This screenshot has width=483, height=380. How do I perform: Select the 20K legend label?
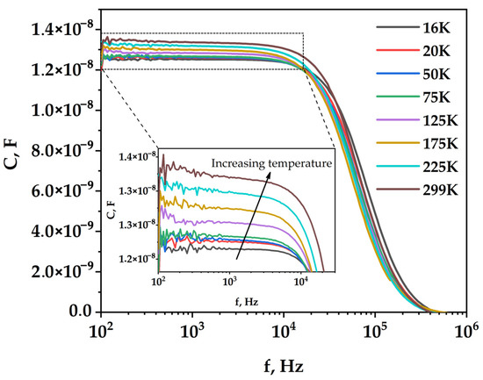tap(436, 50)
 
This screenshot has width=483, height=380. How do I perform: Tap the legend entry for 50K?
tap(436, 72)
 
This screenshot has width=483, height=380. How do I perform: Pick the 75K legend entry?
tap(436, 94)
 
